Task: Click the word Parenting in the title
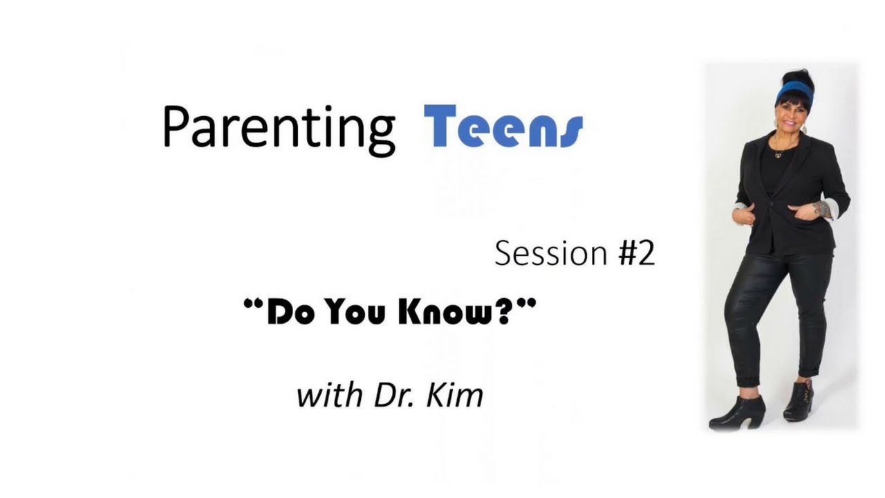279,129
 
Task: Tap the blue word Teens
503,127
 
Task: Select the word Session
551,253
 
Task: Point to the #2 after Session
637,253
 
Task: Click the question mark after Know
500,312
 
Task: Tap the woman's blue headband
795,91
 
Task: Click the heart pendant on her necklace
779,156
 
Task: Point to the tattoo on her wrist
823,209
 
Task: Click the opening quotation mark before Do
254,304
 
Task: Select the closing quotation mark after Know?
526,304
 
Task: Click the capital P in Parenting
176,127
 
